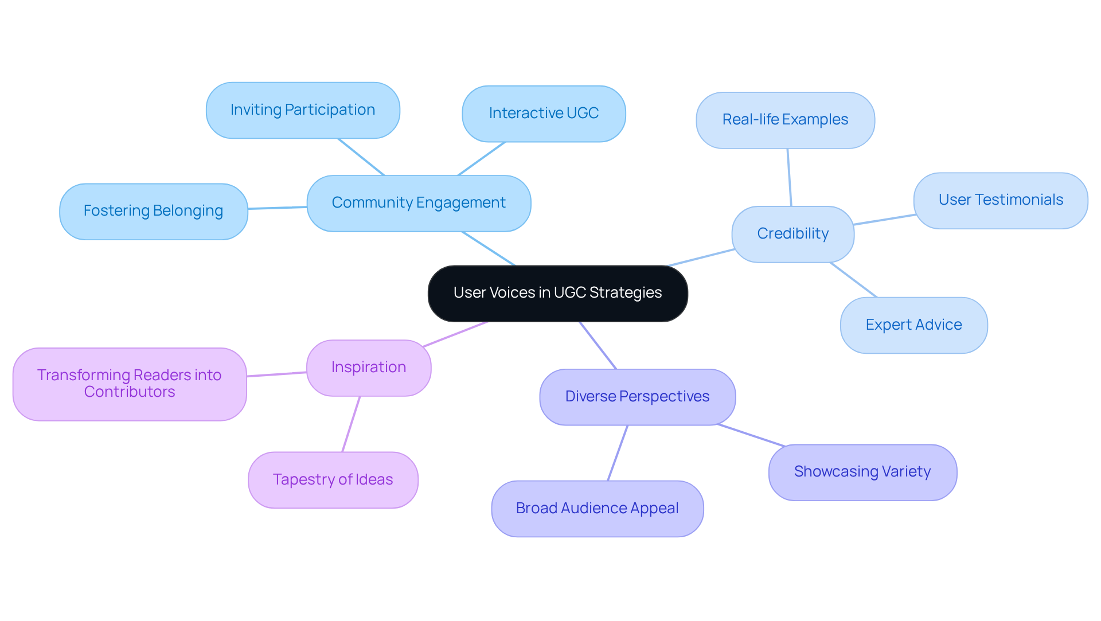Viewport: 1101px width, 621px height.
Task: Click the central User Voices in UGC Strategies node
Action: pyautogui.click(x=557, y=293)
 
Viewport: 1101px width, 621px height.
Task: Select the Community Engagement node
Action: pyautogui.click(x=419, y=203)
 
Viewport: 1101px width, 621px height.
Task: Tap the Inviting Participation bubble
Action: pyautogui.click(x=303, y=110)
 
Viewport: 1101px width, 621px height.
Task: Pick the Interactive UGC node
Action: pyautogui.click(x=544, y=114)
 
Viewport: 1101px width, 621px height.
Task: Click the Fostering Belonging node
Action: pyautogui.click(x=153, y=211)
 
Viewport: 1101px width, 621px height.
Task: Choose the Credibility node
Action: pyautogui.click(x=792, y=234)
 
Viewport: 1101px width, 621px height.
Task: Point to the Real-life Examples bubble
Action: pyautogui.click(x=785, y=120)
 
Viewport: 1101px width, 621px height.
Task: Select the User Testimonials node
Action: pyautogui.click(x=1001, y=200)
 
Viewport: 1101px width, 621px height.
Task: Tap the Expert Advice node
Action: pyautogui.click(x=913, y=325)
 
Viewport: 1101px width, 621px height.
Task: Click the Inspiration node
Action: pyautogui.click(x=369, y=368)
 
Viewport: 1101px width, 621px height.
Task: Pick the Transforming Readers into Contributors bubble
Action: pyautogui.click(x=130, y=384)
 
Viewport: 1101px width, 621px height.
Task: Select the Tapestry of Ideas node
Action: pyautogui.click(x=333, y=480)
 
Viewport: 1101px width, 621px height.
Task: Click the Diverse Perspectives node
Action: pyautogui.click(x=637, y=397)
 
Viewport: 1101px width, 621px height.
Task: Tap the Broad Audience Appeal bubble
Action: pyautogui.click(x=597, y=509)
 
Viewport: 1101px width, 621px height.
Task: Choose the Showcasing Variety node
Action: pyautogui.click(x=862, y=472)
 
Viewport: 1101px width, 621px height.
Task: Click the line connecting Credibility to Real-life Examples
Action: pyautogui.click(x=790, y=177)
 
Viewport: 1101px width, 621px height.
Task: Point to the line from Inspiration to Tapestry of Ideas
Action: pyautogui.click(x=351, y=424)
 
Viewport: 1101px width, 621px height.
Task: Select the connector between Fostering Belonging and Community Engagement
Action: pyautogui.click(x=278, y=208)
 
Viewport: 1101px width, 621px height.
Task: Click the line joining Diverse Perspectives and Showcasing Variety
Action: pyautogui.click(x=751, y=435)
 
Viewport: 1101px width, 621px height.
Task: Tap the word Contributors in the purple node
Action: pyautogui.click(x=130, y=392)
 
